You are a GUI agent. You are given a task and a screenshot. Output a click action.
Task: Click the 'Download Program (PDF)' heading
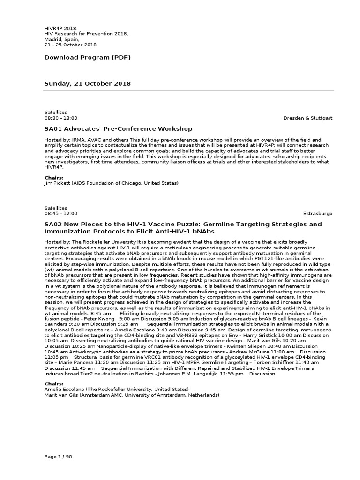tap(87, 58)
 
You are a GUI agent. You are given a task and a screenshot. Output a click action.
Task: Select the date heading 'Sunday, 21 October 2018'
tap(88, 84)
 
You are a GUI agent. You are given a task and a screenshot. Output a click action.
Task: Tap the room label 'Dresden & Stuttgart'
tap(307, 118)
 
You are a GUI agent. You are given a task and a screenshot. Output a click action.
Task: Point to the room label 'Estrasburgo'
tap(318, 213)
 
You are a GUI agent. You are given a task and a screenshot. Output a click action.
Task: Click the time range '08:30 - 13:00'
tap(61, 118)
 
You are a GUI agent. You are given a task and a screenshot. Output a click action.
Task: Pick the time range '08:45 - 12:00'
tap(61, 213)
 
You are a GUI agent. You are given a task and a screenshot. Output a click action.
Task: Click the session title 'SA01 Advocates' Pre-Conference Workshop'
tap(118, 129)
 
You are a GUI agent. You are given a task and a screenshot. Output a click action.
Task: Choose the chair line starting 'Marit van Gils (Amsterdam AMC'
tap(132, 395)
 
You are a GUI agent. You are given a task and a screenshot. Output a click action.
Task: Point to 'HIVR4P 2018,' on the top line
tap(60, 29)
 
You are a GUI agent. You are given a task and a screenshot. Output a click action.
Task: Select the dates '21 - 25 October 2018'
tap(70, 45)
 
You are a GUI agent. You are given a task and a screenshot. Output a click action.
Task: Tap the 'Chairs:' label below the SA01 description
tap(54, 178)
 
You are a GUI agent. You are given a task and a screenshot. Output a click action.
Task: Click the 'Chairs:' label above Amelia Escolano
tap(54, 384)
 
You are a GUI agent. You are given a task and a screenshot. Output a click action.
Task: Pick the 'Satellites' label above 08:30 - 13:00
tap(56, 112)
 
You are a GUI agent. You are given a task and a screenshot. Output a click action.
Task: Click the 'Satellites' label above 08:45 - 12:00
tap(56, 208)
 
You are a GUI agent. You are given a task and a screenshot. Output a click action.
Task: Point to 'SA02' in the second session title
tap(53, 225)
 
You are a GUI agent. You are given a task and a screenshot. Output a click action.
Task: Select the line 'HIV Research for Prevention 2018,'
tap(86, 34)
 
